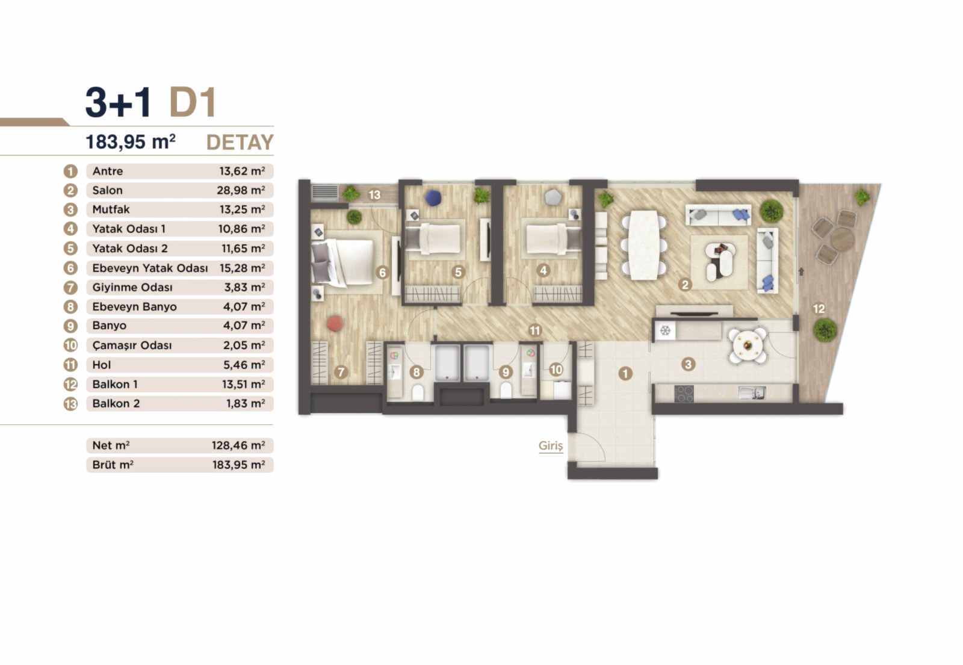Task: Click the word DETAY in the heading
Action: tap(240, 142)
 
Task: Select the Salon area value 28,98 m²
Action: tap(241, 190)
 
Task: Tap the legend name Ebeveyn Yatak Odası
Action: tap(150, 268)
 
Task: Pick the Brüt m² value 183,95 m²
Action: tap(238, 465)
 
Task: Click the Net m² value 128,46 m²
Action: tap(238, 445)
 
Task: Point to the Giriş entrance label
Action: tap(551, 446)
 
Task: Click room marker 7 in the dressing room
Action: tap(341, 372)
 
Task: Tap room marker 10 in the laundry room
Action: tap(556, 370)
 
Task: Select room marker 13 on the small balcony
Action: tap(374, 195)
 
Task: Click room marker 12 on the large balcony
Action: tap(819, 309)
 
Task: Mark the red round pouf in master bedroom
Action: tap(335, 324)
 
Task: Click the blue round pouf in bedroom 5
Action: tap(433, 198)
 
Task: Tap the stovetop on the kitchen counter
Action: tap(684, 394)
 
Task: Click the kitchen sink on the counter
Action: tap(752, 393)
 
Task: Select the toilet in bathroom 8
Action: tap(418, 392)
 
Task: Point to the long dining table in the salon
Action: tap(643, 244)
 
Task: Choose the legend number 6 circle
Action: tap(70, 268)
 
